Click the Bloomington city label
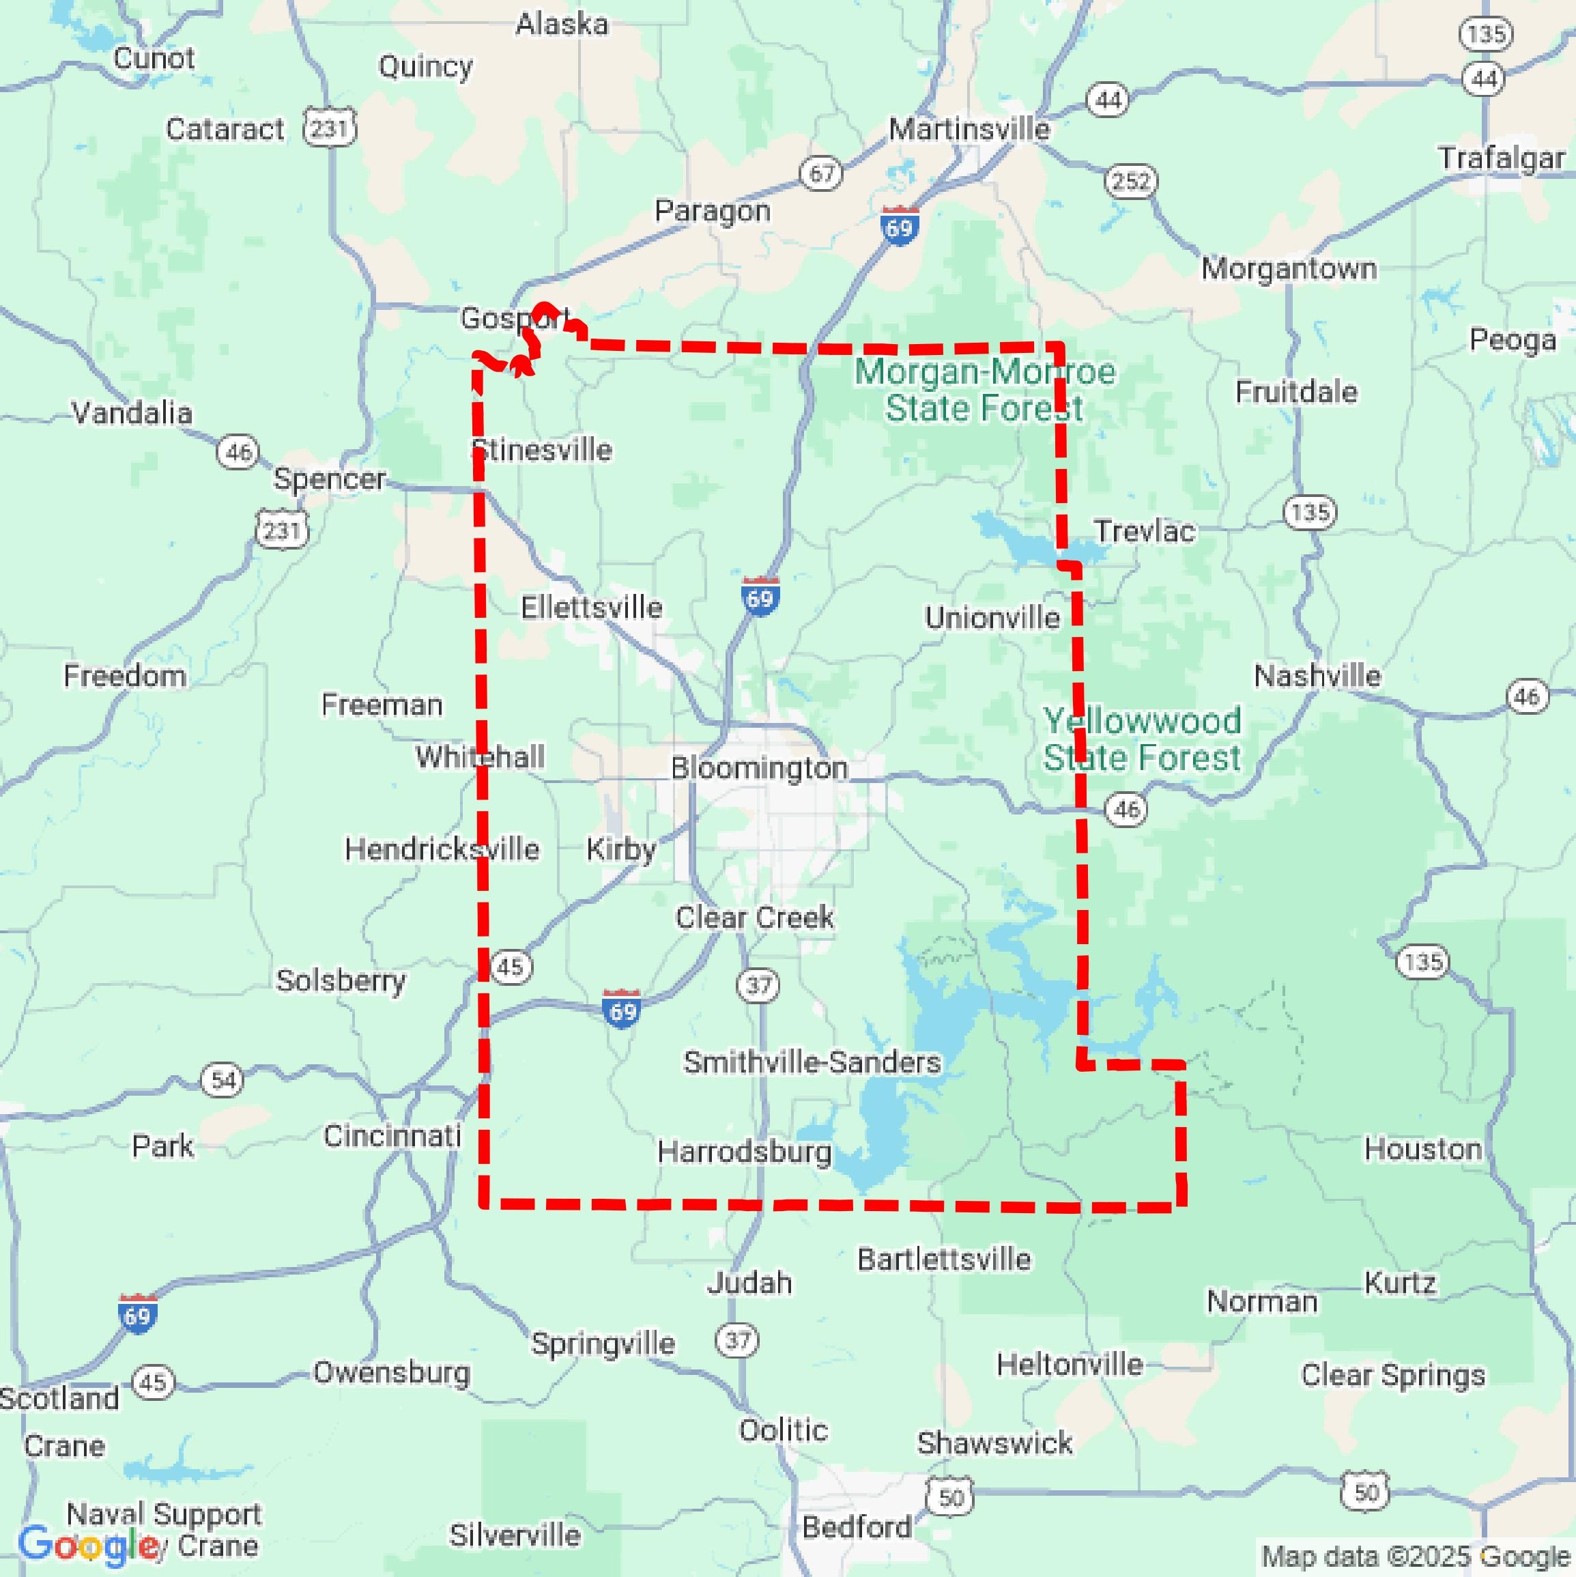coord(759,768)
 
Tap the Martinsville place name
coord(969,129)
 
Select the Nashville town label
coord(1317,676)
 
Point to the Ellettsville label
coord(592,608)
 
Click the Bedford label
coord(856,1526)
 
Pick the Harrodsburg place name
coord(745,1152)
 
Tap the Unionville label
coord(992,618)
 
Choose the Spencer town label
coord(329,479)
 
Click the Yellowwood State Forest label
coord(1142,739)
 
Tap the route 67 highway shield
coord(821,173)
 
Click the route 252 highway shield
coord(1130,180)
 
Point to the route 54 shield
coord(223,1081)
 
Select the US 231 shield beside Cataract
coord(330,128)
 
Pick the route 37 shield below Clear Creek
coord(758,985)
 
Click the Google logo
coord(88,1545)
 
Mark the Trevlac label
coord(1144,531)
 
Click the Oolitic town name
coord(784,1430)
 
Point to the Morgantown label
coord(1289,268)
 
